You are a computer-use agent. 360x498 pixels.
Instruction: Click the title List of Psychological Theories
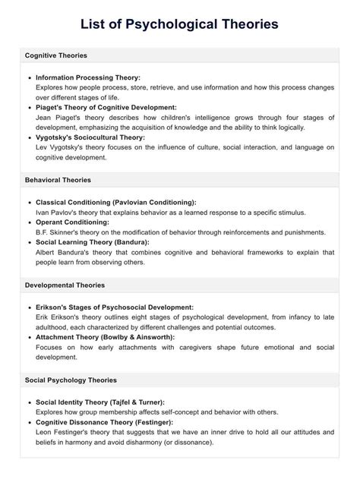(179, 24)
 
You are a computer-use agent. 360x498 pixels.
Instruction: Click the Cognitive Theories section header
(55, 56)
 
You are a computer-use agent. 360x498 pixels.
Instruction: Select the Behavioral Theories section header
(58, 180)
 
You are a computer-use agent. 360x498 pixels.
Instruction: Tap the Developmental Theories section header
(65, 285)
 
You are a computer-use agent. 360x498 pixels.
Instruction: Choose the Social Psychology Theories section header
(71, 380)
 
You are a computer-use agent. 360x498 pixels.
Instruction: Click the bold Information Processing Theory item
(88, 78)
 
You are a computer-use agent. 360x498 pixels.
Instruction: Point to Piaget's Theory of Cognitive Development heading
(106, 108)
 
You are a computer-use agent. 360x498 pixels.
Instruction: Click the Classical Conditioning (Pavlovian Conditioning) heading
(115, 203)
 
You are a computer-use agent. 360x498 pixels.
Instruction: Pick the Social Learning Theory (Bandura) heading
(92, 241)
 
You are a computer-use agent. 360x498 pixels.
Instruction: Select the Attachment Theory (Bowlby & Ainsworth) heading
(105, 336)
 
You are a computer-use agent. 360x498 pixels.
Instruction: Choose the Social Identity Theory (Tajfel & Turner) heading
(99, 402)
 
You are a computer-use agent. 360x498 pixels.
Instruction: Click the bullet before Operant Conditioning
(29, 222)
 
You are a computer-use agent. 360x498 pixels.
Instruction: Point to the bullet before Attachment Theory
(29, 336)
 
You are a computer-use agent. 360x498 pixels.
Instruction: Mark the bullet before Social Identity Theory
(29, 402)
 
